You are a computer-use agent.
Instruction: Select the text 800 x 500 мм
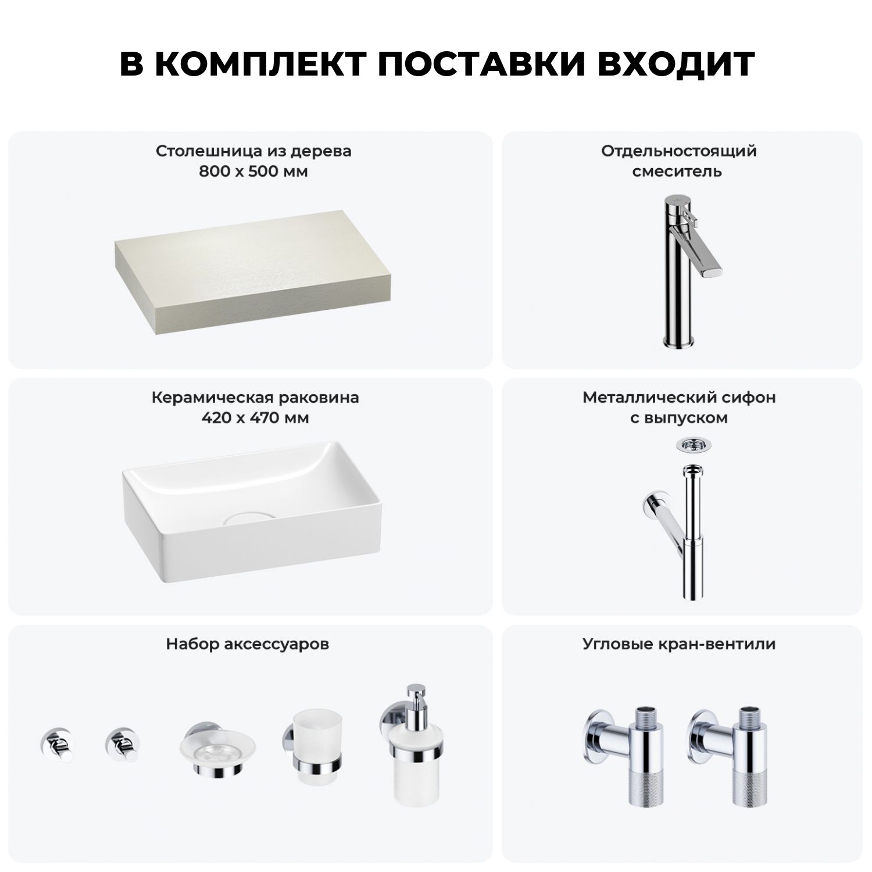point(253,171)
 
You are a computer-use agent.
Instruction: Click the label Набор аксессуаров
point(248,644)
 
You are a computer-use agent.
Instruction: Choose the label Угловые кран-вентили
point(679,644)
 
